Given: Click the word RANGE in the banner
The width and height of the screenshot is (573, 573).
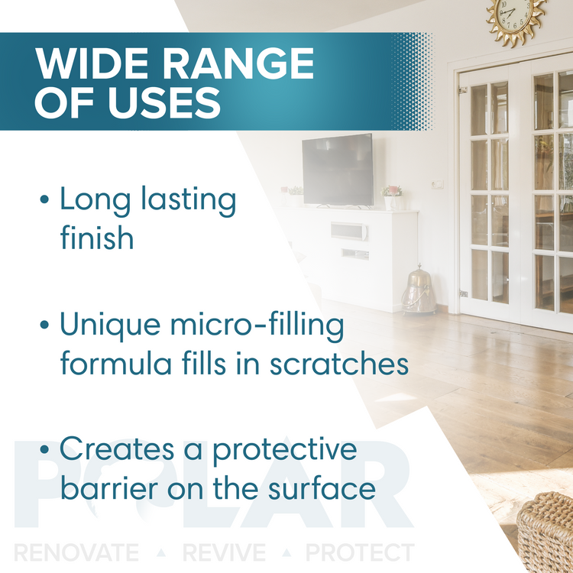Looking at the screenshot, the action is [x=238, y=63].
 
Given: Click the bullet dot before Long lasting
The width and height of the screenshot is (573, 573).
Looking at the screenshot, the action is [x=44, y=199].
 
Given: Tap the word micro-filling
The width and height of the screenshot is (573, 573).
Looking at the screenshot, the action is [x=257, y=325].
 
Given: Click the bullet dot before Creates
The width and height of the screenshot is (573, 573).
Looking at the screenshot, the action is [x=44, y=448].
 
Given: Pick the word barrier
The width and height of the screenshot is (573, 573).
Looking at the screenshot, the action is [x=109, y=487].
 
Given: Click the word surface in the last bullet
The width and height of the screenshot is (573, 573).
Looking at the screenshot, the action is [x=322, y=487].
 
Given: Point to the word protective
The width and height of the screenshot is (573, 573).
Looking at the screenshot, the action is [x=285, y=450].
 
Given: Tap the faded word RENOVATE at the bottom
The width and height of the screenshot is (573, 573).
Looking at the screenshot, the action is [x=76, y=552].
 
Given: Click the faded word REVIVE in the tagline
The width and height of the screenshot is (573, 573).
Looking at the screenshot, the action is [x=224, y=552].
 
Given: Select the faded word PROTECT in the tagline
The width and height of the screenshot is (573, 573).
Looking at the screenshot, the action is [x=360, y=552].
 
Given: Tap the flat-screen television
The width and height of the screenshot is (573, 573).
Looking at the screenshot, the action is [x=338, y=170].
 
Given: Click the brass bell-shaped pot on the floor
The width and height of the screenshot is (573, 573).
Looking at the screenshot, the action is [x=419, y=290].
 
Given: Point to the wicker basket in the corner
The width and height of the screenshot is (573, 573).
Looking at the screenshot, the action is [x=545, y=533].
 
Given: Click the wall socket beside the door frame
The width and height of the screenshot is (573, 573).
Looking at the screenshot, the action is [x=437, y=184].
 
